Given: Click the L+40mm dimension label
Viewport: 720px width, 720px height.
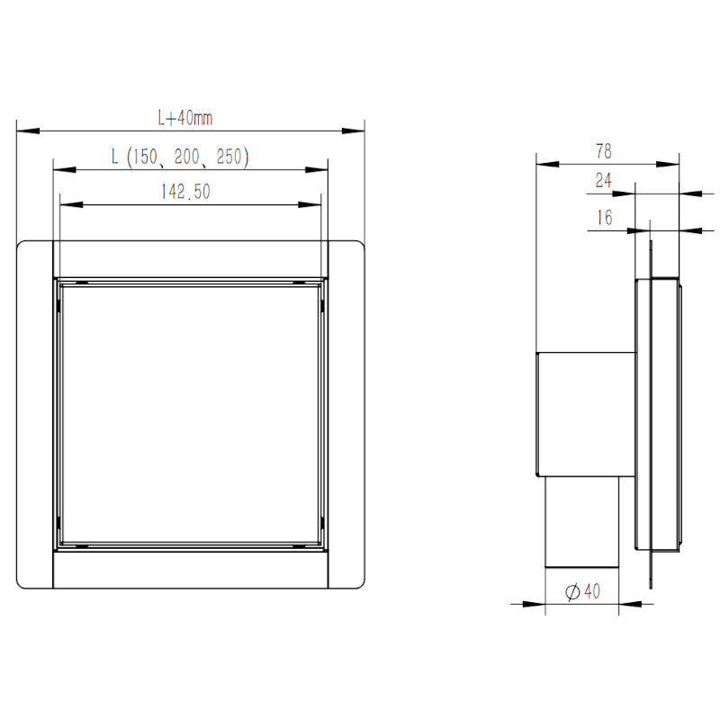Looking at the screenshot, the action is [x=185, y=119].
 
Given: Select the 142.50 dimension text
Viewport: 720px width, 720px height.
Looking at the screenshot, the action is [x=185, y=192].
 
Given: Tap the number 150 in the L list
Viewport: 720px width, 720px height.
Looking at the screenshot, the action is [x=145, y=157].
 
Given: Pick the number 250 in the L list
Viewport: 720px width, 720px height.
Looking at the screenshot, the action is [x=229, y=157].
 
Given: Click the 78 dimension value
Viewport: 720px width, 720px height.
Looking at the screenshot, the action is [x=604, y=151].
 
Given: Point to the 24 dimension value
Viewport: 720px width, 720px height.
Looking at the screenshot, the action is [x=603, y=180].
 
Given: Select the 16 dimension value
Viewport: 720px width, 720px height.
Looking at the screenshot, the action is [x=605, y=217].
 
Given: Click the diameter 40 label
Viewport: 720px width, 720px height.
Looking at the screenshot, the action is [x=582, y=591].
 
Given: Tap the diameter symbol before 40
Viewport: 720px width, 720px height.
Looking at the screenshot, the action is [x=572, y=592].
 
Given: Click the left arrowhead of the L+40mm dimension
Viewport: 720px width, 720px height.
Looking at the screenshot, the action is [x=28, y=131].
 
